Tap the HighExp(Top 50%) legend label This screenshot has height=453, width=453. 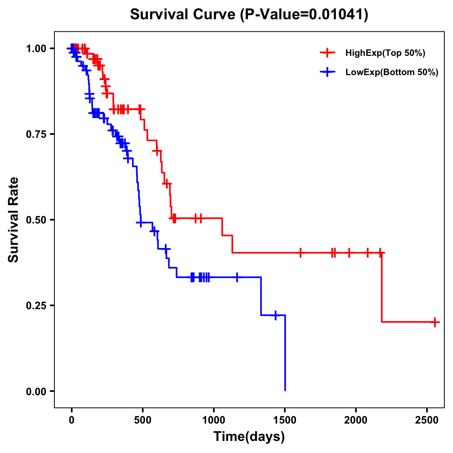(x=385, y=53)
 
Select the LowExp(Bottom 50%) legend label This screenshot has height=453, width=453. (x=392, y=72)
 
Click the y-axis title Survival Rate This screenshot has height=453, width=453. (x=14, y=219)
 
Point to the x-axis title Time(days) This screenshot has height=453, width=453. (x=249, y=437)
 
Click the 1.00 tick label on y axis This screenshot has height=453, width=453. (x=36, y=49)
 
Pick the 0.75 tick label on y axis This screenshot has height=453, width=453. (x=36, y=134)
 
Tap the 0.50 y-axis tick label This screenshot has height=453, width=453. (x=36, y=220)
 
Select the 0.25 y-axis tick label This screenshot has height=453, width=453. (x=36, y=306)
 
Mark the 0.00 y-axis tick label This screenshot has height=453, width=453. (x=36, y=391)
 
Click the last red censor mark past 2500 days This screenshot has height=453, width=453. (x=435, y=322)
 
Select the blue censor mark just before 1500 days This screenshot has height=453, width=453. (x=276, y=315)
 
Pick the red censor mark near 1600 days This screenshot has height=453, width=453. (x=300, y=253)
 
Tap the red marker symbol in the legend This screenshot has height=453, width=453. (x=327, y=53)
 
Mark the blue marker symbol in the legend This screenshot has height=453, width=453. (x=327, y=72)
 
